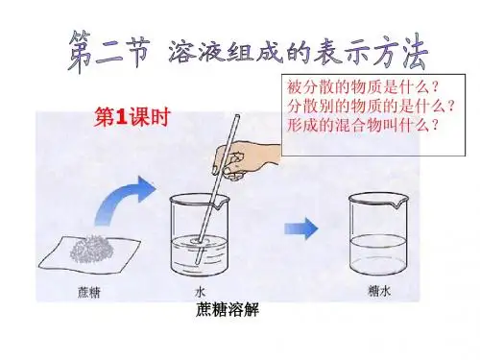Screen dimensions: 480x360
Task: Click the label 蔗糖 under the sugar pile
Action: [89, 292]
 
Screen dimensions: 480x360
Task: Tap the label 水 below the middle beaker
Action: [200, 292]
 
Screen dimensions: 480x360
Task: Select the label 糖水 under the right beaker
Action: [379, 291]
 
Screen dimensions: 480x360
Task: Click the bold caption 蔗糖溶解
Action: [228, 309]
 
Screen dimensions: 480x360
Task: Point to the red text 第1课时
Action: [132, 117]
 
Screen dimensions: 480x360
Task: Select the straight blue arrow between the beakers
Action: [301, 228]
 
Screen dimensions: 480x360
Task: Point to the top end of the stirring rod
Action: [237, 116]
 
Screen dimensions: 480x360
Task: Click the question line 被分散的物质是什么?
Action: [363, 86]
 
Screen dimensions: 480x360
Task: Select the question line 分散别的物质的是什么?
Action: [372, 106]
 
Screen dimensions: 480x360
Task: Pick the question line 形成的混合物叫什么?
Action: [363, 125]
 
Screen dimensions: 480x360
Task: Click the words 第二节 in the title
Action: [108, 51]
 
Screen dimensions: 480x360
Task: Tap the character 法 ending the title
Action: [412, 52]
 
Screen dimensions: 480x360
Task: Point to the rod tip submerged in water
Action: [196, 261]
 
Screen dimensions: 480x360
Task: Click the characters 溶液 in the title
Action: [196, 51]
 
